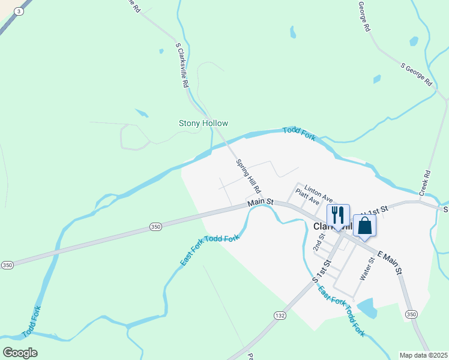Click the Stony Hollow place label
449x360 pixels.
point(203,124)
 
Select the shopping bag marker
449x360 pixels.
point(364,226)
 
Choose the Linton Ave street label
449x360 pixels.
point(318,193)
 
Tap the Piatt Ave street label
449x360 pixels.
point(307,199)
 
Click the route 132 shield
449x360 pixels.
point(280,315)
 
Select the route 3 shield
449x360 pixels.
point(20,11)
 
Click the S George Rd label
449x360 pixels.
point(417,74)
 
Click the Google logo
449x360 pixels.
point(20,353)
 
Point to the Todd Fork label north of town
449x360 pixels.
point(299,133)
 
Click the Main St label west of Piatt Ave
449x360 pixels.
point(261,203)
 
